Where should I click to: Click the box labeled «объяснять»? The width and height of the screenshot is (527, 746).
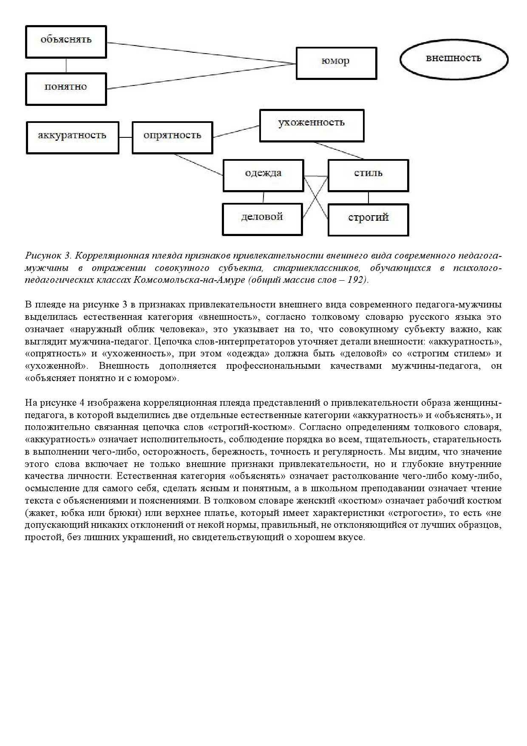point(66,41)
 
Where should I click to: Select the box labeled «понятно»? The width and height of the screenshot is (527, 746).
point(66,88)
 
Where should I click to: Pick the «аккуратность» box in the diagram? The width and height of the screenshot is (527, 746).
point(72,137)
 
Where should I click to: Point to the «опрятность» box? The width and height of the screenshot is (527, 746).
point(172,137)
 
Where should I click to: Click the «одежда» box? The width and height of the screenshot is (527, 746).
point(263,175)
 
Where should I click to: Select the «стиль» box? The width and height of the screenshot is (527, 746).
point(368,175)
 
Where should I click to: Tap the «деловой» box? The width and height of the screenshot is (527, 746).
point(262,219)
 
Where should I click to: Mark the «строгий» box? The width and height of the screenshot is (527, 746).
point(368,219)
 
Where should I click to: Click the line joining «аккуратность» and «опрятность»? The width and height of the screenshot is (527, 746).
point(125,137)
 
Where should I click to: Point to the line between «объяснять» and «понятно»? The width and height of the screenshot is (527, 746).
point(66,65)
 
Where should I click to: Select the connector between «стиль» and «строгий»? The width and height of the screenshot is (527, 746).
point(368,197)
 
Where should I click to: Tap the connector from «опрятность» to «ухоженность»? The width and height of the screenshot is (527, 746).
point(236,131)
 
